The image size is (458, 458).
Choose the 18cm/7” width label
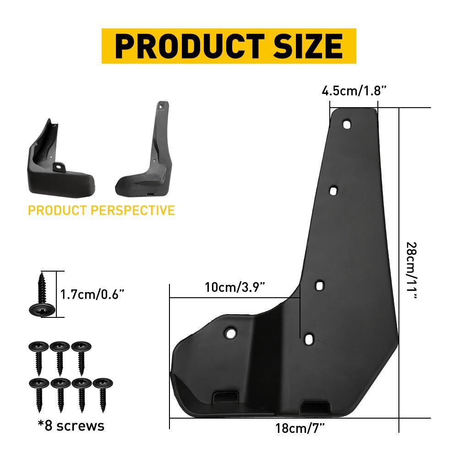coord(300,429)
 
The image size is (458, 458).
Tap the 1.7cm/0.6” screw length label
coord(93,294)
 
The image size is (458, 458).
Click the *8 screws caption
coord(71,426)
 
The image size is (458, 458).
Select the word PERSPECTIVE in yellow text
coord(133,210)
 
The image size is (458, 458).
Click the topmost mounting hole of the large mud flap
coord(347,124)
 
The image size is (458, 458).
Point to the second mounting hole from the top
coord(333,190)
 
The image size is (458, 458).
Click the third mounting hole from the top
coord(320,285)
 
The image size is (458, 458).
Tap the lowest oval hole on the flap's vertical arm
coord(310,338)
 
